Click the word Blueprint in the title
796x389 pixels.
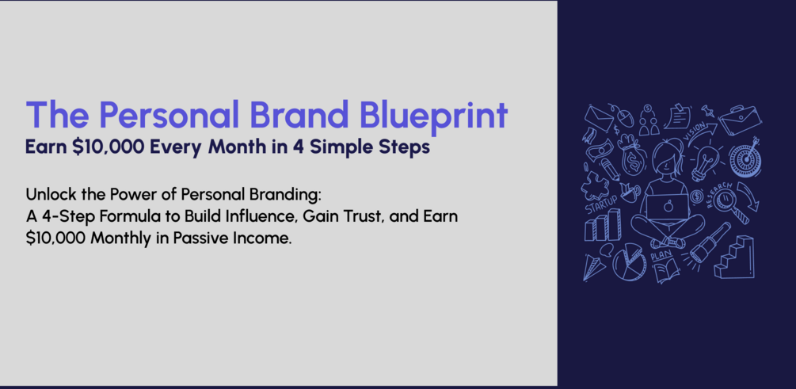click(x=435, y=116)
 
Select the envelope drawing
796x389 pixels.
click(x=599, y=118)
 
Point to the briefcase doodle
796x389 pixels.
click(x=740, y=120)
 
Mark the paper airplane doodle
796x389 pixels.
click(x=595, y=267)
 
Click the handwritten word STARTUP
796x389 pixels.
click(x=602, y=204)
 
